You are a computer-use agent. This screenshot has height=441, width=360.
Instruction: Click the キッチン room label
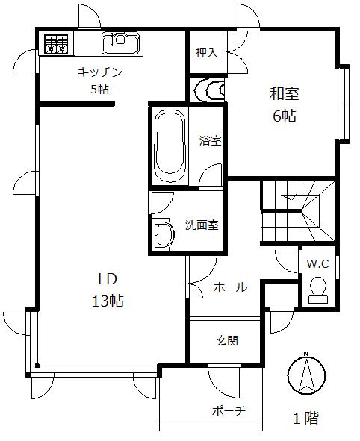click(99, 72)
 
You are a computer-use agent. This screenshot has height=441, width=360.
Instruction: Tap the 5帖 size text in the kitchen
click(99, 88)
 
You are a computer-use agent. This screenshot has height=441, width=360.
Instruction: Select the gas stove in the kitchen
click(55, 43)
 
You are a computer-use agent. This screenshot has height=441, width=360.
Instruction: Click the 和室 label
click(284, 94)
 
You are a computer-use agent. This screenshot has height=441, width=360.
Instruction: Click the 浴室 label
click(210, 140)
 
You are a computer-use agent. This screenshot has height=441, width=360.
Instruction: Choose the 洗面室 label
click(202, 224)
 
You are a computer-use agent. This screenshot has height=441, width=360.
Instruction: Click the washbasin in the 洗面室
click(162, 233)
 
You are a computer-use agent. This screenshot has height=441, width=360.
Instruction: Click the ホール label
click(230, 287)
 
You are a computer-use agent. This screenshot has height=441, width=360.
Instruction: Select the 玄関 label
click(227, 340)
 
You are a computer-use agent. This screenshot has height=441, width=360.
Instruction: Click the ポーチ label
click(229, 412)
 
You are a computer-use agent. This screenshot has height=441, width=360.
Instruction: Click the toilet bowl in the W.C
click(317, 288)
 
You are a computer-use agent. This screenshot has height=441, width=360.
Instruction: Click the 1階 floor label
click(305, 418)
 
